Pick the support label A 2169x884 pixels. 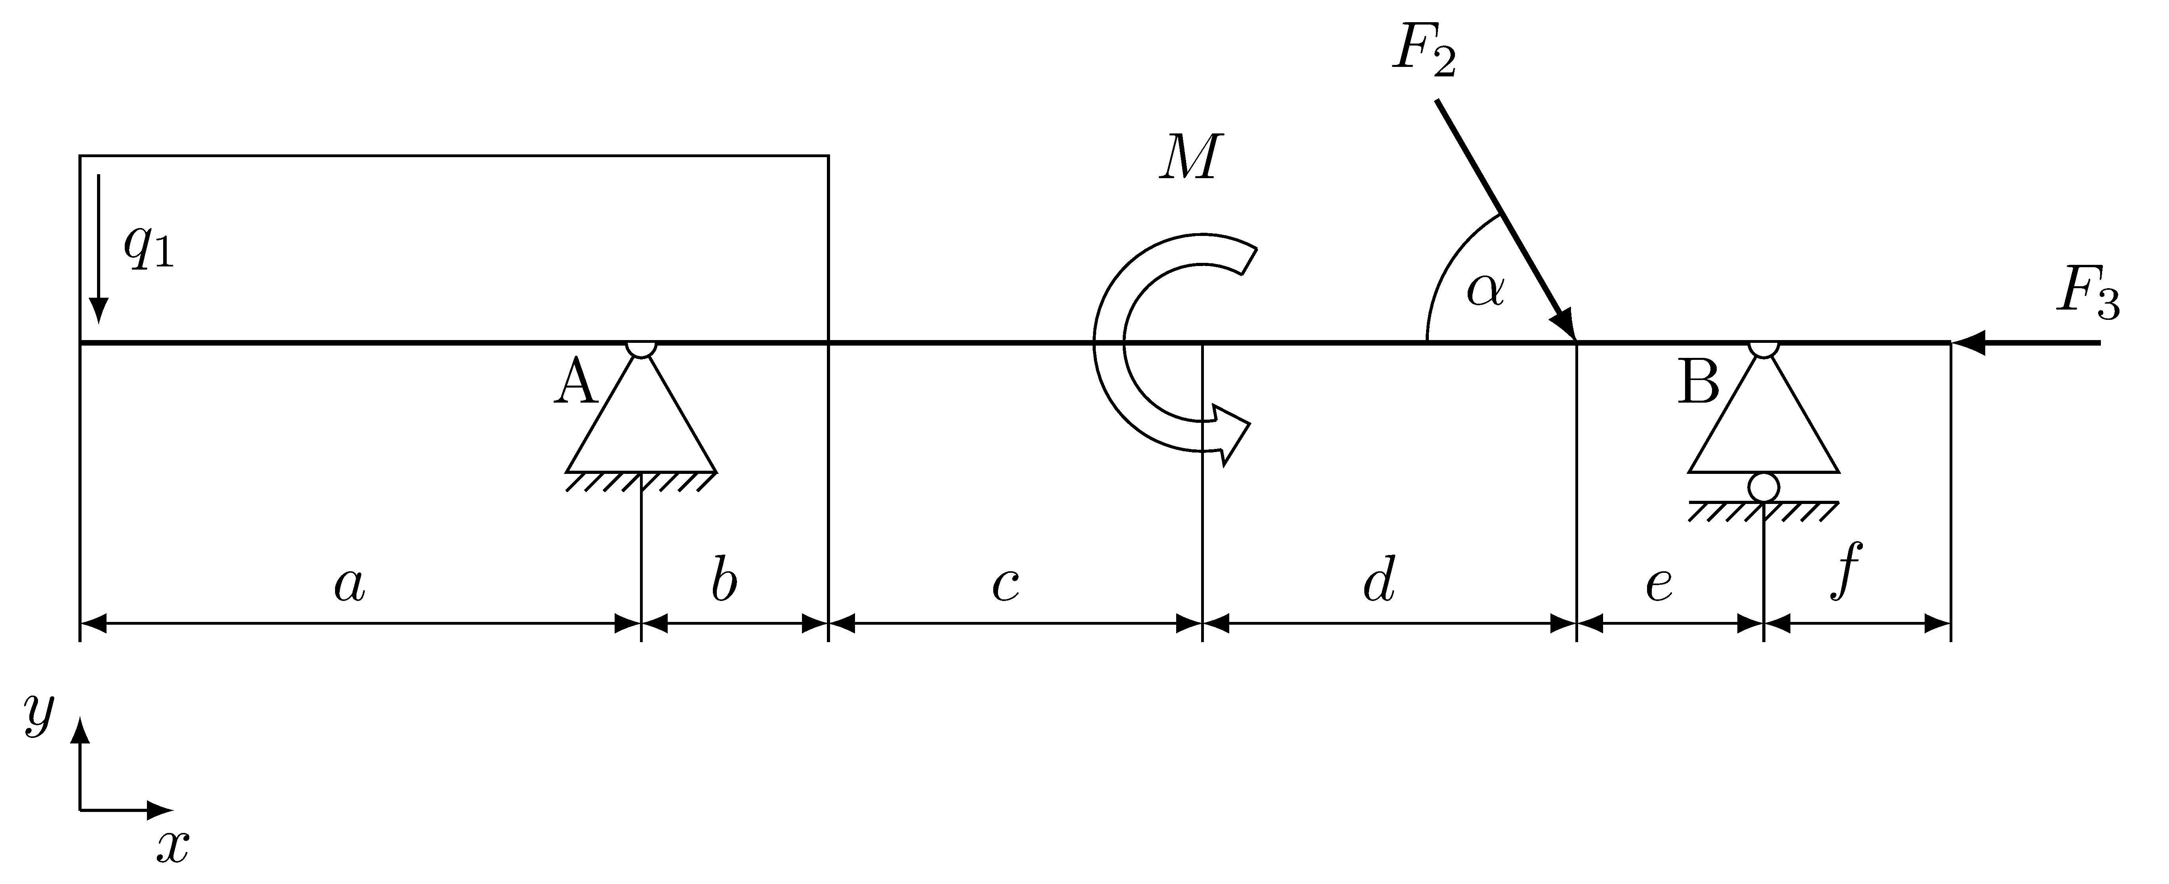(576, 381)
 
